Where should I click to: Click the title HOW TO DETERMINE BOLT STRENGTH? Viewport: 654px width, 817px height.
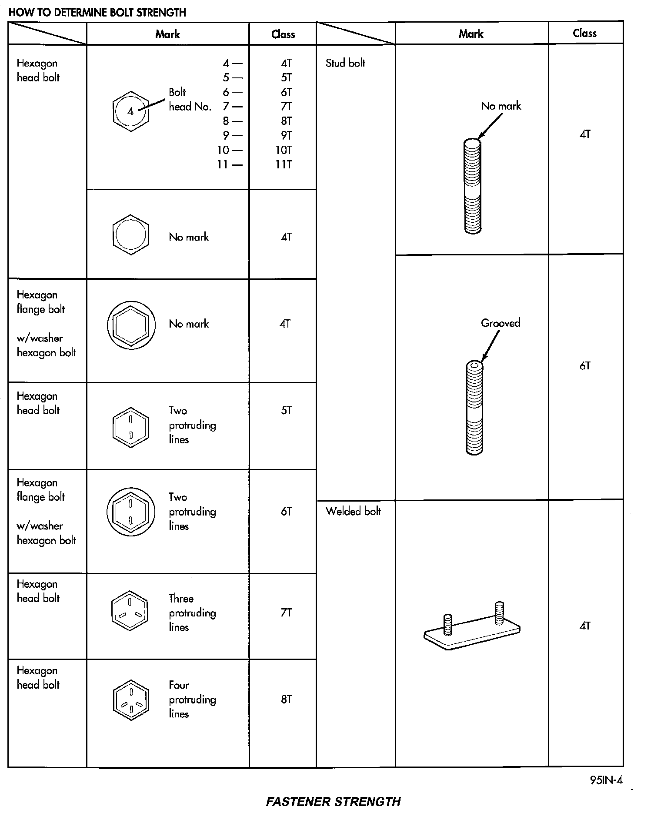[x=97, y=12]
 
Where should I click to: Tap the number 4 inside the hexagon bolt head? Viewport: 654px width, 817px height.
[x=130, y=111]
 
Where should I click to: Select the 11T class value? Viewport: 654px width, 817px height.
[x=283, y=164]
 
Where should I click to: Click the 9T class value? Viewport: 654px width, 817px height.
[x=286, y=136]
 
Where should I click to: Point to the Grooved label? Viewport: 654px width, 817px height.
[x=501, y=323]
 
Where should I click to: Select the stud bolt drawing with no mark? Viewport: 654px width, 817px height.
[x=473, y=186]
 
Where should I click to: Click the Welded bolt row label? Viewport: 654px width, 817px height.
[x=353, y=511]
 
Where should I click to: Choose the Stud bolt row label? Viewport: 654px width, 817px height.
[x=345, y=63]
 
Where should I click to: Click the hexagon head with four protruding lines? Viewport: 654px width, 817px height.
[x=130, y=700]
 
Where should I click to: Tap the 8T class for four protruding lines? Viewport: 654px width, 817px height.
[x=286, y=700]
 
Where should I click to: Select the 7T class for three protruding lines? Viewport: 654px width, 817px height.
[x=286, y=613]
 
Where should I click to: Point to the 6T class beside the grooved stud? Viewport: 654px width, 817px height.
[x=585, y=366]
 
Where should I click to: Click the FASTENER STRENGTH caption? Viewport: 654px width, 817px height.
[x=333, y=801]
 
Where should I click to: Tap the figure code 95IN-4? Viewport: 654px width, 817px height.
[x=606, y=780]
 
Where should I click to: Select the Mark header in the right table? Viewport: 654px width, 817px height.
[x=471, y=33]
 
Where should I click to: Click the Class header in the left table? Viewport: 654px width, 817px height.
[x=283, y=34]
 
